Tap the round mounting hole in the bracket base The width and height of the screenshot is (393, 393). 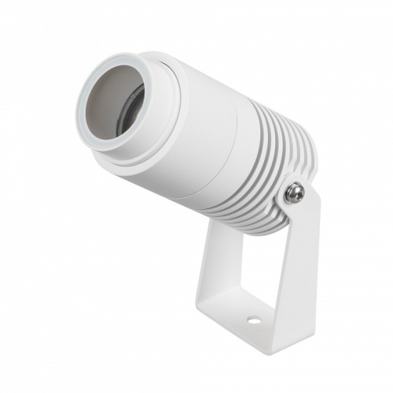tap(253, 321)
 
